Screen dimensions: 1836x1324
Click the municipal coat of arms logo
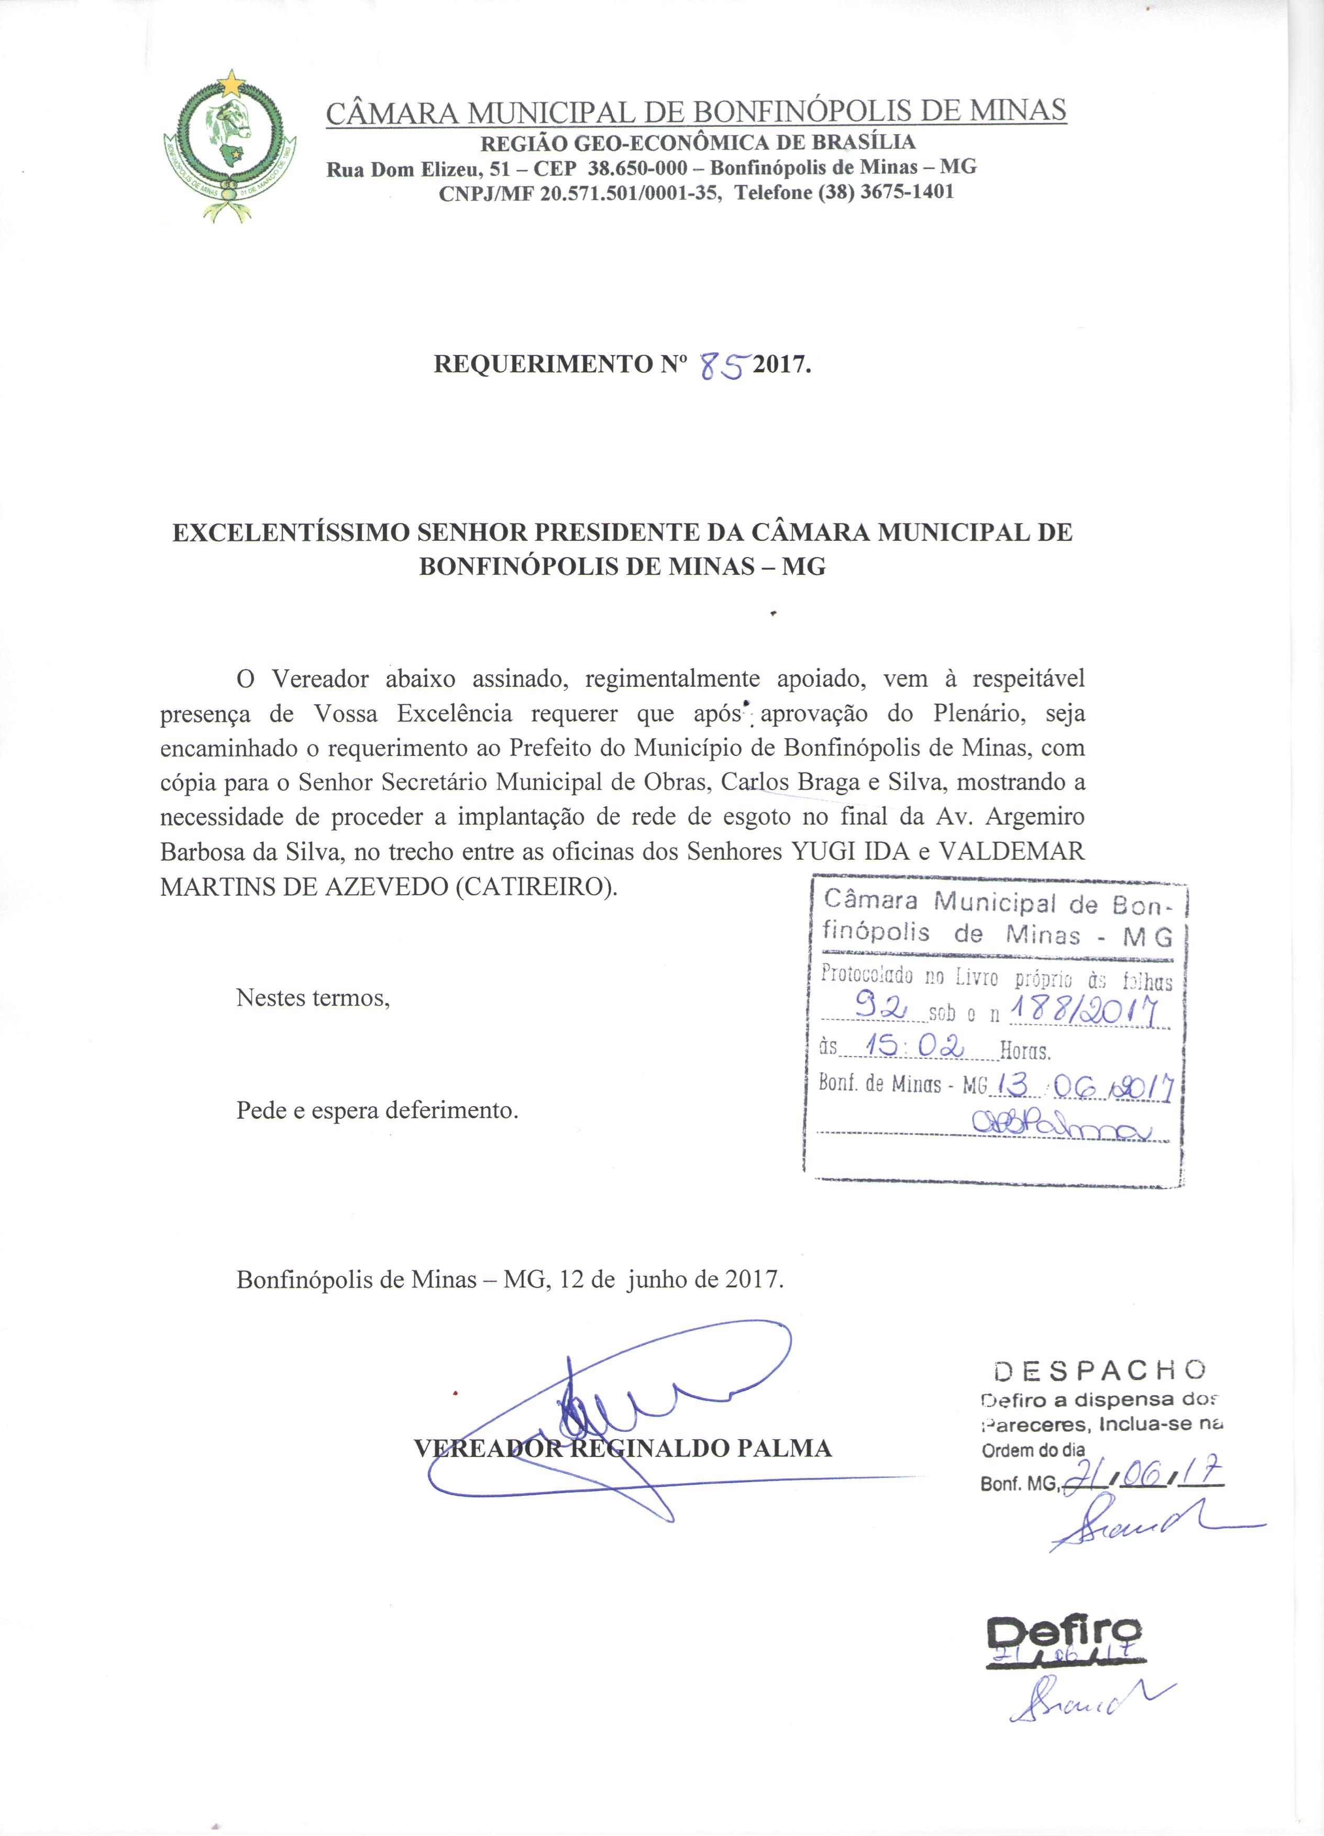tap(229, 148)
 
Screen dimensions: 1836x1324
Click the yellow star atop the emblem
tap(233, 82)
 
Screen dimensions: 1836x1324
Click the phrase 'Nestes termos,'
tap(313, 997)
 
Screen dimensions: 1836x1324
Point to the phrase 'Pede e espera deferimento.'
tap(377, 1110)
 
